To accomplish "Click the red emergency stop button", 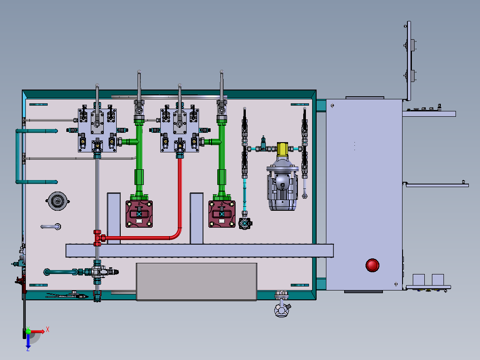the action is (372, 266).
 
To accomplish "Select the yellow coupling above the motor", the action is (282, 149).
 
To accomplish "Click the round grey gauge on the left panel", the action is (57, 201).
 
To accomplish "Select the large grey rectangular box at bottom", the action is (196, 282).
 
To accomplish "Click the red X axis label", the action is (48, 330).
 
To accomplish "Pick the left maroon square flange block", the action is (139, 214).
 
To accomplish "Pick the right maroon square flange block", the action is (222, 214).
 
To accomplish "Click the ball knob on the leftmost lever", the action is (97, 85).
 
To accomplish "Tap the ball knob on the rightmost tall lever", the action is (222, 72).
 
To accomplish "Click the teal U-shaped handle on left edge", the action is (18, 156).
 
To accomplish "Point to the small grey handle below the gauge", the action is (51, 227).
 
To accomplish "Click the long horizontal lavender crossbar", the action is (199, 250).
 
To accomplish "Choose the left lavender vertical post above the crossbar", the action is (114, 218).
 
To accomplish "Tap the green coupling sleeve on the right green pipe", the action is (222, 177).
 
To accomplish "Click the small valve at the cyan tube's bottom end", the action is (245, 223).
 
